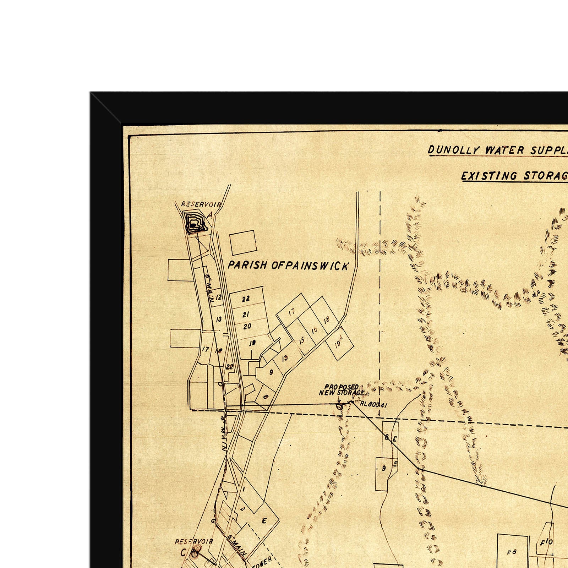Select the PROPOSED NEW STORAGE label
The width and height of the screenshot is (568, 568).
[x=341, y=389]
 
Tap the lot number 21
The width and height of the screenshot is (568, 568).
[x=246, y=314]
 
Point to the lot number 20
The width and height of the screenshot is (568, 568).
[x=247, y=326]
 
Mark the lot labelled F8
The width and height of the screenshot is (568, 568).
[x=511, y=552]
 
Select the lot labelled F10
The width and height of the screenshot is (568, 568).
[x=546, y=542]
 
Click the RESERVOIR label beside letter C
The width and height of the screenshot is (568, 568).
[x=194, y=542]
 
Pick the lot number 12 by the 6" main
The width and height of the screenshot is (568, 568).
[x=218, y=297]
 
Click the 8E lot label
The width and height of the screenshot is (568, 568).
[x=390, y=438]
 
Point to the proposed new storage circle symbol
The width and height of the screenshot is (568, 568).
[x=339, y=406]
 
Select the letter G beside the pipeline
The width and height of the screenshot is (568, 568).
[x=213, y=521]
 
